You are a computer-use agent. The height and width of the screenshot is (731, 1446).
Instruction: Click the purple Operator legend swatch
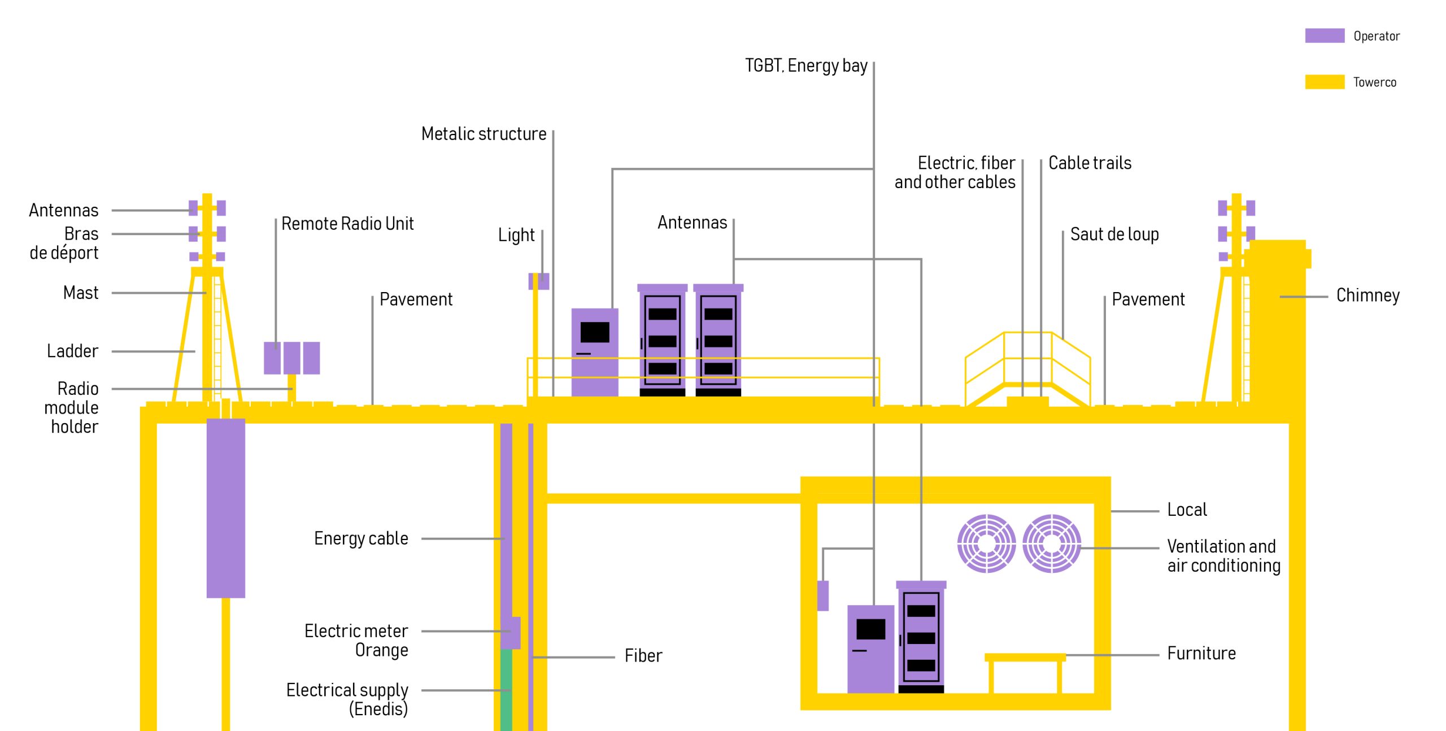point(1324,36)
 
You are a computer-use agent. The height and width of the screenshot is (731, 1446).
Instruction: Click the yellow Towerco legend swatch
point(1324,82)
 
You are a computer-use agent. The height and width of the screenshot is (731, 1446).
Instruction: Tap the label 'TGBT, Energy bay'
point(806,66)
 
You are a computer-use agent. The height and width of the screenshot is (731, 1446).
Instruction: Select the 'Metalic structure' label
point(484,134)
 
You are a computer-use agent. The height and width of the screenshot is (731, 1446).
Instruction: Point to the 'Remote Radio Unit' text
point(347,224)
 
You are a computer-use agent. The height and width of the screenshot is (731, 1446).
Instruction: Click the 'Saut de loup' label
point(1114,234)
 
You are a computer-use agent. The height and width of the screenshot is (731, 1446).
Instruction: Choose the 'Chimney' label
point(1367,295)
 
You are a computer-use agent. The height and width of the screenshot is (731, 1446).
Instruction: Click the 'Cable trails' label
point(1090,163)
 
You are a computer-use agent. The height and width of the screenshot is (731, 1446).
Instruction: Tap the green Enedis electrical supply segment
point(506,689)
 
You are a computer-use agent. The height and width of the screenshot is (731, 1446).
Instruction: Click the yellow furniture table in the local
point(1025,658)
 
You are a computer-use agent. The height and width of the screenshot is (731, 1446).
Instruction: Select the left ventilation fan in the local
point(986,543)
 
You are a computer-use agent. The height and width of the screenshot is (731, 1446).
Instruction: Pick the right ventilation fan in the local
point(1051,543)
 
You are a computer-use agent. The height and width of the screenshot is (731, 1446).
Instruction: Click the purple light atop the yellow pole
point(539,281)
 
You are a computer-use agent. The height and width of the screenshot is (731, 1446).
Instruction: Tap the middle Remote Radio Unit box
point(291,358)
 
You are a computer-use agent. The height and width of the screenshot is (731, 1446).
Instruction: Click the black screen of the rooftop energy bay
point(595,332)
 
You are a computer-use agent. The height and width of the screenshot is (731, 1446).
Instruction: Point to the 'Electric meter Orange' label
point(356,640)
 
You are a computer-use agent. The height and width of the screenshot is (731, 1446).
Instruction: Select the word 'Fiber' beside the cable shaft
point(643,656)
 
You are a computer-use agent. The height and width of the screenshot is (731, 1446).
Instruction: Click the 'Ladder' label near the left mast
point(72,351)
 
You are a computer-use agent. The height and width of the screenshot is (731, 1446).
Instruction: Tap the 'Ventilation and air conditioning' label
point(1223,556)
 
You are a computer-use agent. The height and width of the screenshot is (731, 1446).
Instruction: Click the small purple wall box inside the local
point(823,595)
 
